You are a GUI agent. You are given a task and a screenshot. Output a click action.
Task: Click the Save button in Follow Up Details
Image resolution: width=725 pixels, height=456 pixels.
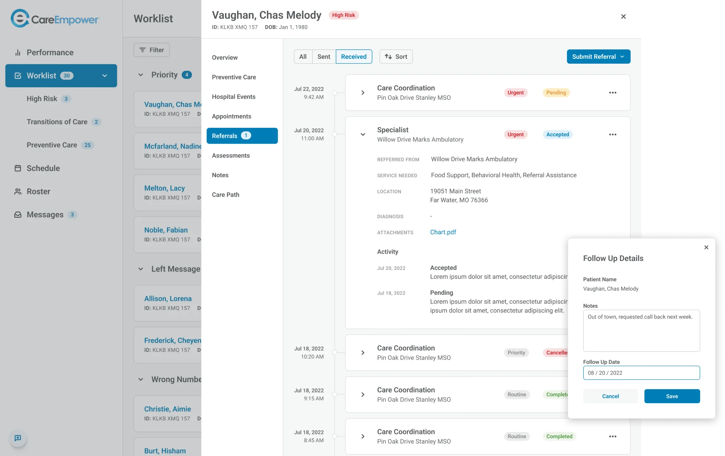click(x=672, y=396)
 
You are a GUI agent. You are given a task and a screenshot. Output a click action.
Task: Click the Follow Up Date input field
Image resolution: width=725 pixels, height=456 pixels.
click(x=641, y=373)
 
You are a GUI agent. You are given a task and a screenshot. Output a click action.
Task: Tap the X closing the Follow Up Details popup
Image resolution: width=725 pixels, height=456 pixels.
click(x=706, y=247)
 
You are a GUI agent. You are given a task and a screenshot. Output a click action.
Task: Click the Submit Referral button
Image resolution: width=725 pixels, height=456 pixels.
click(x=598, y=57)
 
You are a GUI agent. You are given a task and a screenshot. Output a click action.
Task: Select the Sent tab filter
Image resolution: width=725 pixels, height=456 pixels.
click(x=323, y=57)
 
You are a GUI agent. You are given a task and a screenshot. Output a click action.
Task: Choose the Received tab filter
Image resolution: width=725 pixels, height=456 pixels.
click(x=353, y=57)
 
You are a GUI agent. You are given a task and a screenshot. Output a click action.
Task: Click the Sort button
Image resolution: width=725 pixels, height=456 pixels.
click(x=396, y=57)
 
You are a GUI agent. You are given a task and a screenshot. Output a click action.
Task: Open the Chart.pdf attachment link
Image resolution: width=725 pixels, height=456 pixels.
click(x=443, y=232)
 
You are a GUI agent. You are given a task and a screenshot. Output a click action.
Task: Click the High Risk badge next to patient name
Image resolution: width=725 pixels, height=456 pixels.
click(x=343, y=15)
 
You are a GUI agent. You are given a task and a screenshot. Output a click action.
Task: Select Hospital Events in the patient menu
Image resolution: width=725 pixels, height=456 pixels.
click(x=234, y=97)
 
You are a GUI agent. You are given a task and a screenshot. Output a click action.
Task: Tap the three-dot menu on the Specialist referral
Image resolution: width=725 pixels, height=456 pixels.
click(x=612, y=134)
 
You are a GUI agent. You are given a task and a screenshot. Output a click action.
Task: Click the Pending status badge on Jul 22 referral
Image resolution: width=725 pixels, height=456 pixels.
click(x=556, y=92)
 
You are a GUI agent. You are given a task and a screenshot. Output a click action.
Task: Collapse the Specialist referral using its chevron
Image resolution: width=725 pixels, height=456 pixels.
click(x=362, y=134)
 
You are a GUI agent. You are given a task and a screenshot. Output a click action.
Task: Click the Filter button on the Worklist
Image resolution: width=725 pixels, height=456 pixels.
click(x=152, y=50)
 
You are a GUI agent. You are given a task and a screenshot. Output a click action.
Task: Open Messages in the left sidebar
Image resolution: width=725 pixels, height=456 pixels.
click(x=45, y=214)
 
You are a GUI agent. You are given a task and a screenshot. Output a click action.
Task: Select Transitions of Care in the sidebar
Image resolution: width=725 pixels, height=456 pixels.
click(x=57, y=122)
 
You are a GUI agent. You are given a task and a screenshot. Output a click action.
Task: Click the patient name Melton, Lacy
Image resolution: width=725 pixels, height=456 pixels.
click(x=164, y=188)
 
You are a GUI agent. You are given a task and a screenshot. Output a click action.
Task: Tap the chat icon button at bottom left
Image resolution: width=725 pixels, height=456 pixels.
click(x=18, y=438)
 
